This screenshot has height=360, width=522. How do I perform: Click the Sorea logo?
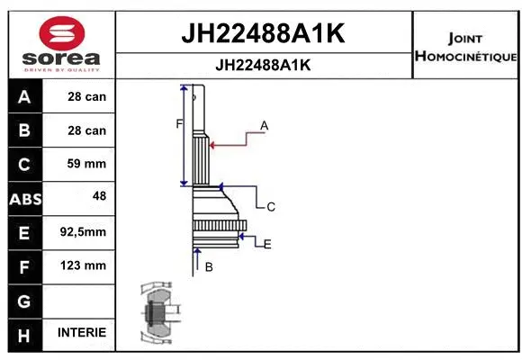pyautogui.click(x=61, y=45)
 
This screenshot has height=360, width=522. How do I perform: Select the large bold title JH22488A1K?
pyautogui.click(x=264, y=34)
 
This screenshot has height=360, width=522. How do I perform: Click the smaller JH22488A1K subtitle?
pyautogui.click(x=264, y=66)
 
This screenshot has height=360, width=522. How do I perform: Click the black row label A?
pyautogui.click(x=24, y=96)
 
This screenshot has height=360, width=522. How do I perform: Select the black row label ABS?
pyautogui.click(x=24, y=199)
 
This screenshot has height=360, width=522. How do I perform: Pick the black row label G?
pyautogui.click(x=24, y=300)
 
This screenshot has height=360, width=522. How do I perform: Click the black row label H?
pyautogui.click(x=24, y=333)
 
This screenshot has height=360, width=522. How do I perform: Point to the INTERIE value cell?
pyautogui.click(x=82, y=332)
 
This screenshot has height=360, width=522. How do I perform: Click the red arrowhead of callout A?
pyautogui.click(x=211, y=143)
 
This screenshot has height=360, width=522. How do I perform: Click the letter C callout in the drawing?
pyautogui.click(x=270, y=207)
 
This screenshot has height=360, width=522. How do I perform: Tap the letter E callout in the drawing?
pyautogui.click(x=267, y=244)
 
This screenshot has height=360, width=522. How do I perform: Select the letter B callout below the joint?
pyautogui.click(x=209, y=266)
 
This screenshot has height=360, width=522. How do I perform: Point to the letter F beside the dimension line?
pyautogui.click(x=179, y=123)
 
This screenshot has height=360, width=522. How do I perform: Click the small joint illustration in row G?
pyautogui.click(x=159, y=316)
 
